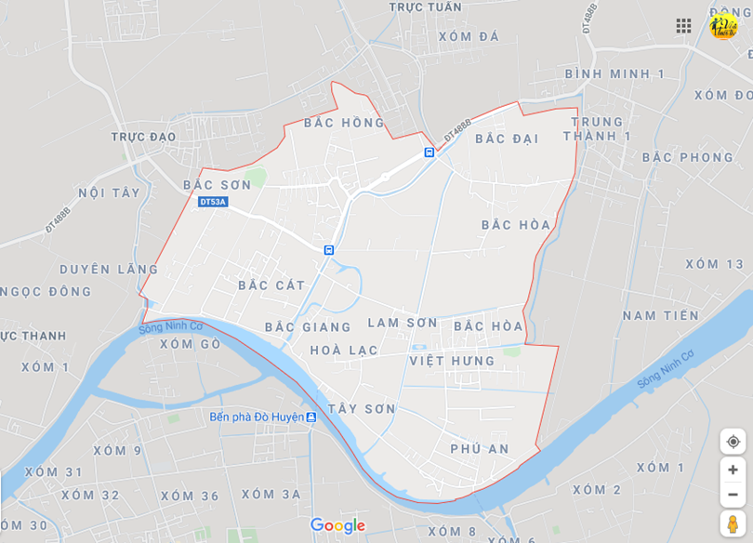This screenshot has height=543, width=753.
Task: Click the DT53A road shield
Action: pyautogui.click(x=213, y=202)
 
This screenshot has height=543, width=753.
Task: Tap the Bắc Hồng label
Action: pyautogui.click(x=343, y=123)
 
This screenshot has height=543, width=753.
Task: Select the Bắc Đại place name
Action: pyautogui.click(x=507, y=139)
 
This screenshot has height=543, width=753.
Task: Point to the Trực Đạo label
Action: pyautogui.click(x=143, y=137)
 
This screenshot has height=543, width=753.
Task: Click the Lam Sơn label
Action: pyautogui.click(x=402, y=323)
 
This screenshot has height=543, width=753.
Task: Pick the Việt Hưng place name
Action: pyautogui.click(x=452, y=360)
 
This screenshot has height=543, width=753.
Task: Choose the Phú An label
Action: pyautogui.click(x=480, y=448)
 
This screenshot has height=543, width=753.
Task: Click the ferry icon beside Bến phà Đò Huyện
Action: pyautogui.click(x=311, y=417)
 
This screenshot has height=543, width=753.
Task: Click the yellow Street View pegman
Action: pyautogui.click(x=733, y=523)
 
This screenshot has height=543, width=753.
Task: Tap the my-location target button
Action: pyautogui.click(x=733, y=442)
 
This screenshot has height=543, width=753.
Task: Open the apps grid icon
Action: pyautogui.click(x=683, y=26)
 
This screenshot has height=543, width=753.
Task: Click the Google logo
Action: pyautogui.click(x=337, y=525)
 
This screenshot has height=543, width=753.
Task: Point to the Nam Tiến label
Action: pyautogui.click(x=660, y=315)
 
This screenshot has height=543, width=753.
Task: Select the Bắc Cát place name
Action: pyautogui.click(x=271, y=285)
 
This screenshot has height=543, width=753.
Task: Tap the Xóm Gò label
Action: pyautogui.click(x=190, y=344)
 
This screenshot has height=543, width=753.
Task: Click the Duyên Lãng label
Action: pyautogui.click(x=110, y=270)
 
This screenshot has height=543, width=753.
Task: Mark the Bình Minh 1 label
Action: pyautogui.click(x=614, y=73)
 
